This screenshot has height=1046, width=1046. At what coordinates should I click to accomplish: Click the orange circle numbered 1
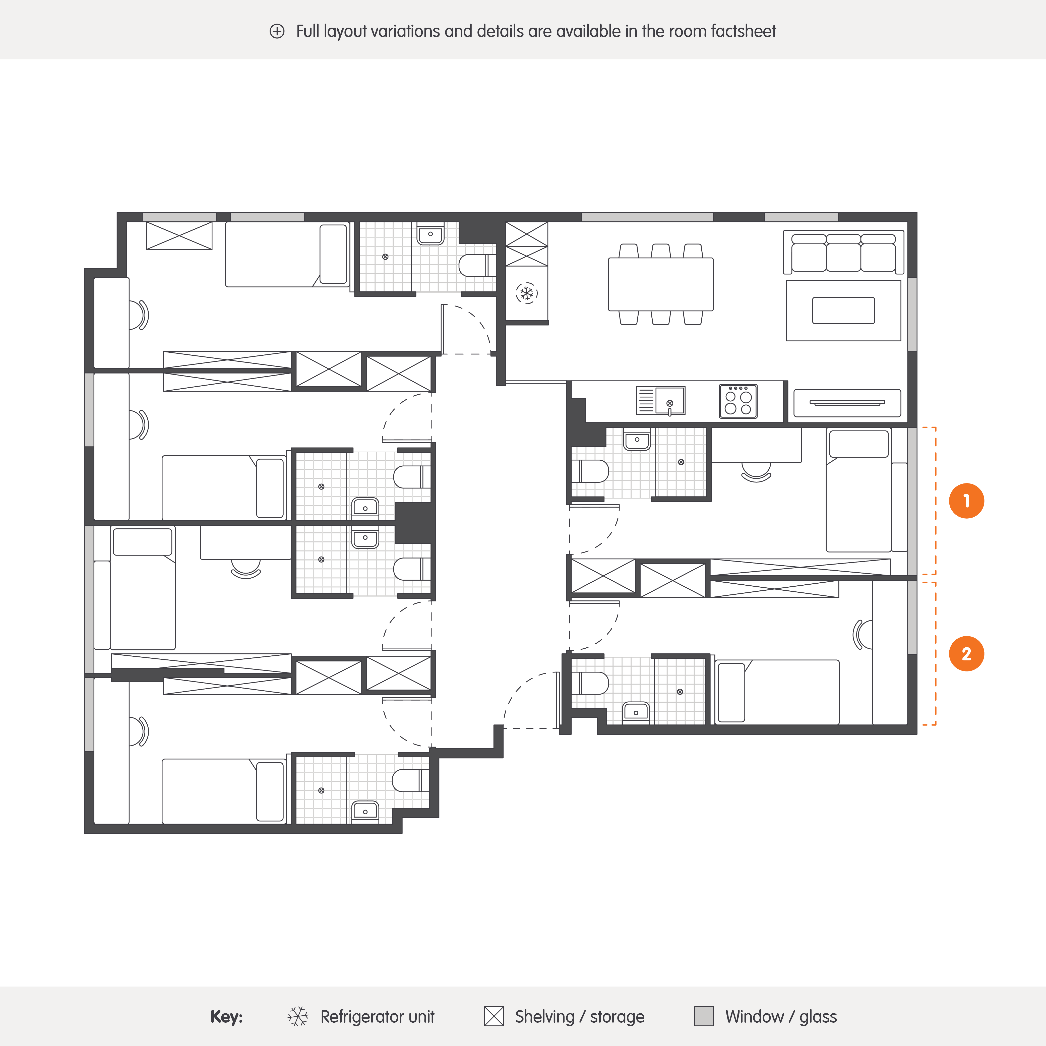point(966,501)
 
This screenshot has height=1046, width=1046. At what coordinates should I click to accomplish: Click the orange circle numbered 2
point(966,653)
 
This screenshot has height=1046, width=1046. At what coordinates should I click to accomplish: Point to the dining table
point(660,284)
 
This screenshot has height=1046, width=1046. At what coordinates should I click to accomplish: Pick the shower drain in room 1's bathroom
point(681,462)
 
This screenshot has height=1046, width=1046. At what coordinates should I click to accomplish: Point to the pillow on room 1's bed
point(859,444)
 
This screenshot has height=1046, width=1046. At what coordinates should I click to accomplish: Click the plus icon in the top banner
point(277,31)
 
